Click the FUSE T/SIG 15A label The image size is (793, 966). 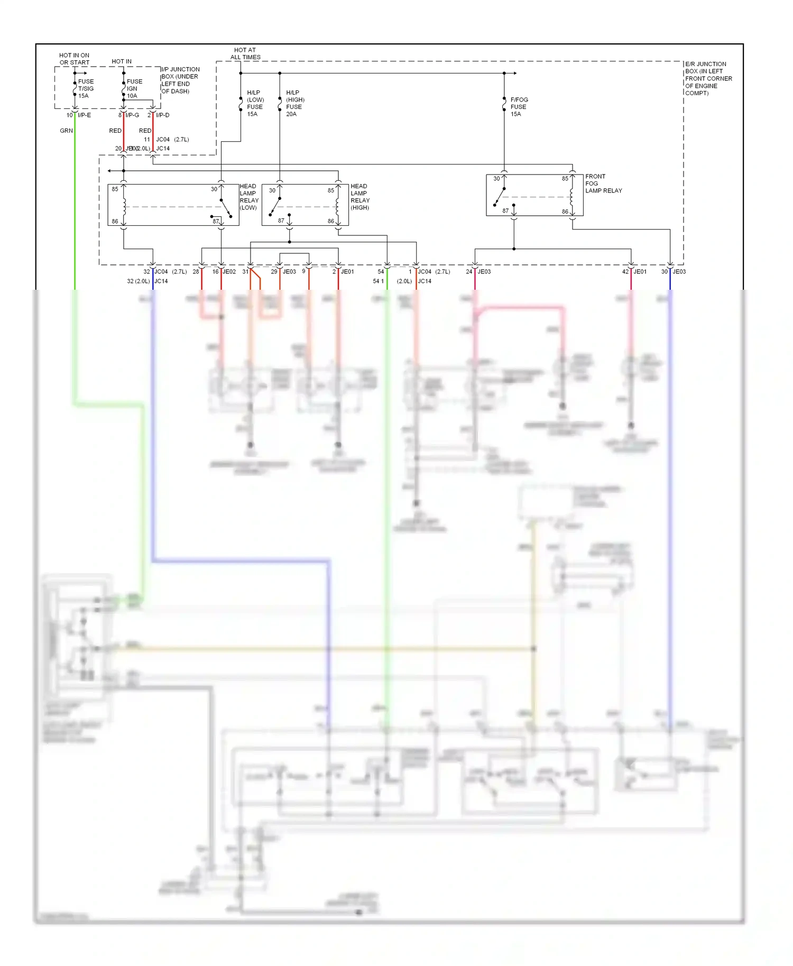click(86, 89)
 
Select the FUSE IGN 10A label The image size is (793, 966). click(134, 89)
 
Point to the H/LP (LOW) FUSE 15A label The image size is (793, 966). click(255, 103)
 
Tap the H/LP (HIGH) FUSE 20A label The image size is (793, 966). click(295, 103)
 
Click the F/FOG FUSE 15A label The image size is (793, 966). click(519, 107)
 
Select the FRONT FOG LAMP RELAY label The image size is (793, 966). click(603, 183)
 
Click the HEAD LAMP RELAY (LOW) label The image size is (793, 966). click(249, 197)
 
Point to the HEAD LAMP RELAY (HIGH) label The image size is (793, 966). click(360, 197)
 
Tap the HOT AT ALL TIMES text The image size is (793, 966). click(245, 53)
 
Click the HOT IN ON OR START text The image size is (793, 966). click(74, 59)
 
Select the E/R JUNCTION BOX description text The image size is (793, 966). click(708, 78)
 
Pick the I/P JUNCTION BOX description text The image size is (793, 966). click(180, 80)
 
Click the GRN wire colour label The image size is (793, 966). click(66, 131)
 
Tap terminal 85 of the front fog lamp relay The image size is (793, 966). click(565, 179)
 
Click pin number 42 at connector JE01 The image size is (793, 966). click(625, 272)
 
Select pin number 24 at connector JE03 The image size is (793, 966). click(469, 272)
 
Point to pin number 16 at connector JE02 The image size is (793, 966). click(215, 272)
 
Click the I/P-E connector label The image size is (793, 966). click(84, 115)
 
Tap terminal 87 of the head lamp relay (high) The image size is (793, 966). click(281, 221)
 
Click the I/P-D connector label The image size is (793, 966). click(162, 115)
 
